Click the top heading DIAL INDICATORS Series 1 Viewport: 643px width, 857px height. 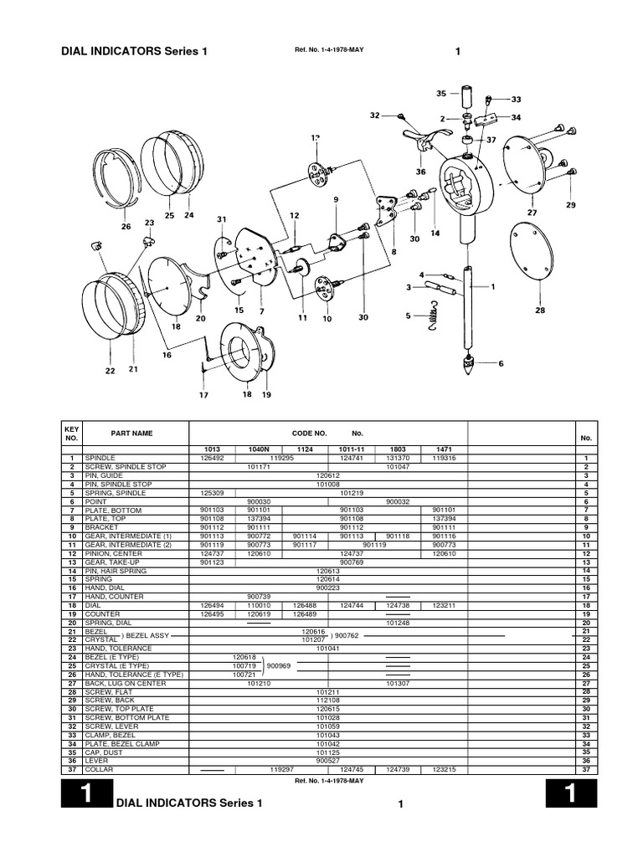point(134,52)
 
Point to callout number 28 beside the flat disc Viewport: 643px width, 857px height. point(540,310)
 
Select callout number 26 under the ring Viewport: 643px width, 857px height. point(126,225)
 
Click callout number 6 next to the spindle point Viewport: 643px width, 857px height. point(501,363)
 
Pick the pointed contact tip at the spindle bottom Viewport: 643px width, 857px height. point(466,366)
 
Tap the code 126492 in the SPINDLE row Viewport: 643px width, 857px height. point(213,458)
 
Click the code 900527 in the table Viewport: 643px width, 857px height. point(327,761)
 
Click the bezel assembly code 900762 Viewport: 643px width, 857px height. point(351,634)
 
